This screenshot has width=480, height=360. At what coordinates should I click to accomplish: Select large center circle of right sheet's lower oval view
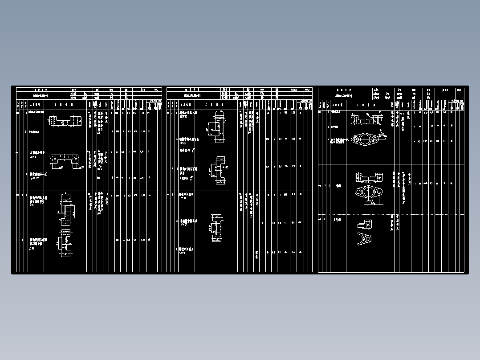click(368, 193)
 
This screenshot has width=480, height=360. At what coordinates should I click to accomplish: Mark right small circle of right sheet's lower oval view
click(380, 193)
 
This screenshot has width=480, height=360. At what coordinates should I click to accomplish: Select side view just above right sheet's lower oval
click(369, 177)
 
